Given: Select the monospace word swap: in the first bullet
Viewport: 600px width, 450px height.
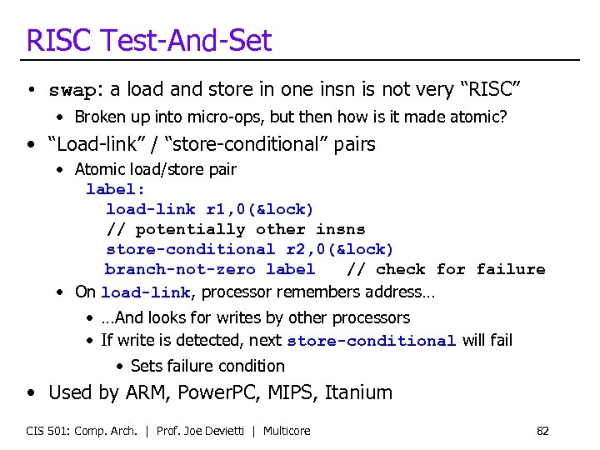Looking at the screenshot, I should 77,90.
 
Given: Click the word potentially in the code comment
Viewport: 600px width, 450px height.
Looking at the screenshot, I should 190,229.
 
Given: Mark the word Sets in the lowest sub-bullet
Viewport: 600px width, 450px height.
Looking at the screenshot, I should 146,366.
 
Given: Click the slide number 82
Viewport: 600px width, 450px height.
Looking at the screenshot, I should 542,431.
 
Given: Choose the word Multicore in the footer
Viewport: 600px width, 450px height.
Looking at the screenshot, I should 287,431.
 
